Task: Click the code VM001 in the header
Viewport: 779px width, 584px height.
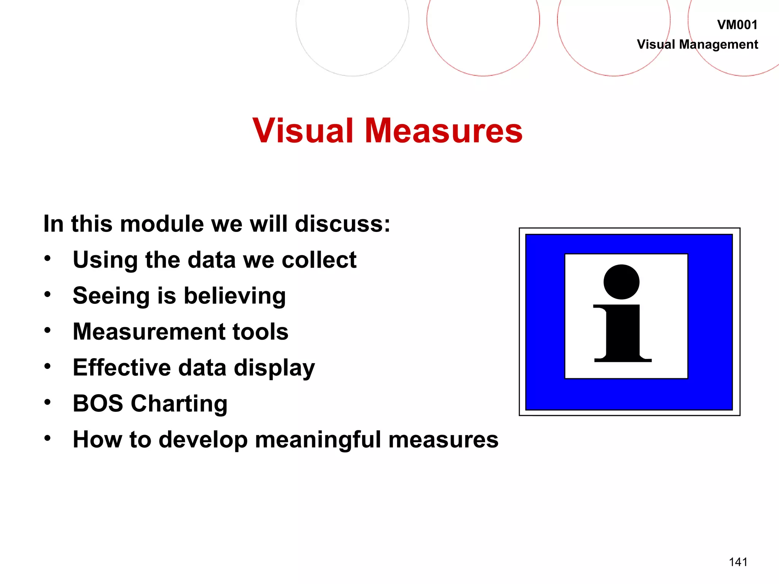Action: pyautogui.click(x=737, y=25)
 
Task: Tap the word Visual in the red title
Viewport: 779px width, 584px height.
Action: pyautogui.click(x=303, y=130)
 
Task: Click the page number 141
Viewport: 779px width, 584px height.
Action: pyautogui.click(x=738, y=562)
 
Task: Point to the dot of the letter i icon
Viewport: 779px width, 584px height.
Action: pyautogui.click(x=621, y=282)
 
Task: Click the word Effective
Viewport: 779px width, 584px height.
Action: pyautogui.click(x=122, y=368)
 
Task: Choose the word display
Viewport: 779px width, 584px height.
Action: pyautogui.click(x=274, y=368)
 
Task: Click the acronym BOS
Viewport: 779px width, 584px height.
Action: pyautogui.click(x=98, y=403)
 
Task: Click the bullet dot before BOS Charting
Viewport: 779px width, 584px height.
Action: pyautogui.click(x=47, y=402)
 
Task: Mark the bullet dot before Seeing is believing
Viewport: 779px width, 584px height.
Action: pyautogui.click(x=47, y=294)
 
